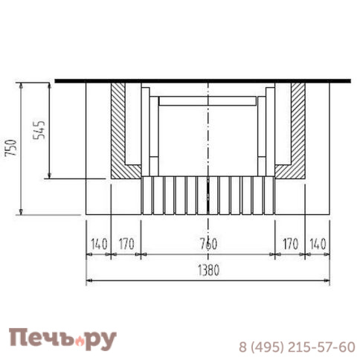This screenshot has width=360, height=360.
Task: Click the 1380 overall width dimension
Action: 208,270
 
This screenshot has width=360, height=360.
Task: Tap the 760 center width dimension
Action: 208,244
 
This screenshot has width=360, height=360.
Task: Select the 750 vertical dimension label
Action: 11,148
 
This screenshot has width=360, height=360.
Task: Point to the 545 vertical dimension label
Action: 39,129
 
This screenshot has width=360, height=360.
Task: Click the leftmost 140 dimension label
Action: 99,244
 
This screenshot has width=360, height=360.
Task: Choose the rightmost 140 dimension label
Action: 318,244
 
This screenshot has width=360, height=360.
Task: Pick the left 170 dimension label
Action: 126,244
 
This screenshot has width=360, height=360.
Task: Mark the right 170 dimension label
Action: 290,244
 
